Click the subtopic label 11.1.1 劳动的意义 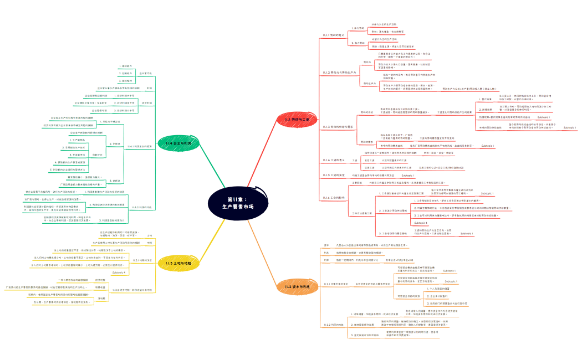tap(334, 35)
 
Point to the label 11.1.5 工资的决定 tap(334, 175)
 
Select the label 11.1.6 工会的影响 tap(334, 197)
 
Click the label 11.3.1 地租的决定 tap(142, 260)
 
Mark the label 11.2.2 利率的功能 tap(333, 325)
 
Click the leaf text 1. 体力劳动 tap(358, 28)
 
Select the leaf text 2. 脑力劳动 tap(358, 43)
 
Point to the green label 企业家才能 tap(145, 73)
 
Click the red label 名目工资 tap(369, 160)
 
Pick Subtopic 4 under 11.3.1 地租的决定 tap(119, 272)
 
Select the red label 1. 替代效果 tap(486, 100)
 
